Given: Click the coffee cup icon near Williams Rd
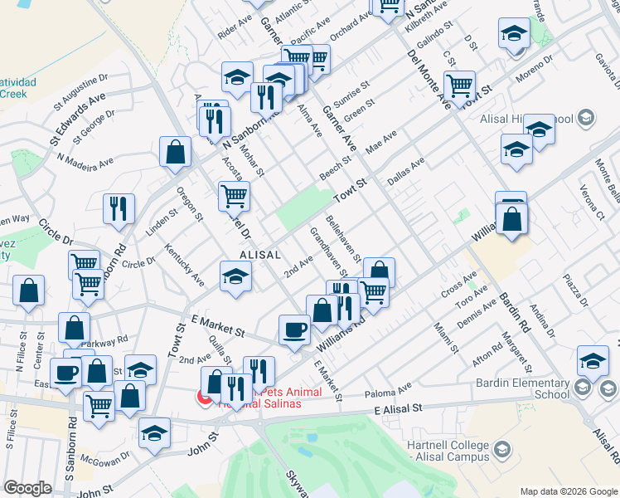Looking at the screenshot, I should (293, 330).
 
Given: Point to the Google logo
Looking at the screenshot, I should (27, 488).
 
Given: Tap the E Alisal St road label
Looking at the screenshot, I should (398, 408).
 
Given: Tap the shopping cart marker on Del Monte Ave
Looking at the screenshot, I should (458, 85).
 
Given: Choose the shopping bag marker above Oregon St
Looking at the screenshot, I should (175, 152).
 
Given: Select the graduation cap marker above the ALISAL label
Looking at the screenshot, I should (235, 276).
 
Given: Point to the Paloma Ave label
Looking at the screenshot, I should (393, 388).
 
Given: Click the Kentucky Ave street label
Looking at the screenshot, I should (183, 265).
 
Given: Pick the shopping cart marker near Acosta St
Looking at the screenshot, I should (234, 197).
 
